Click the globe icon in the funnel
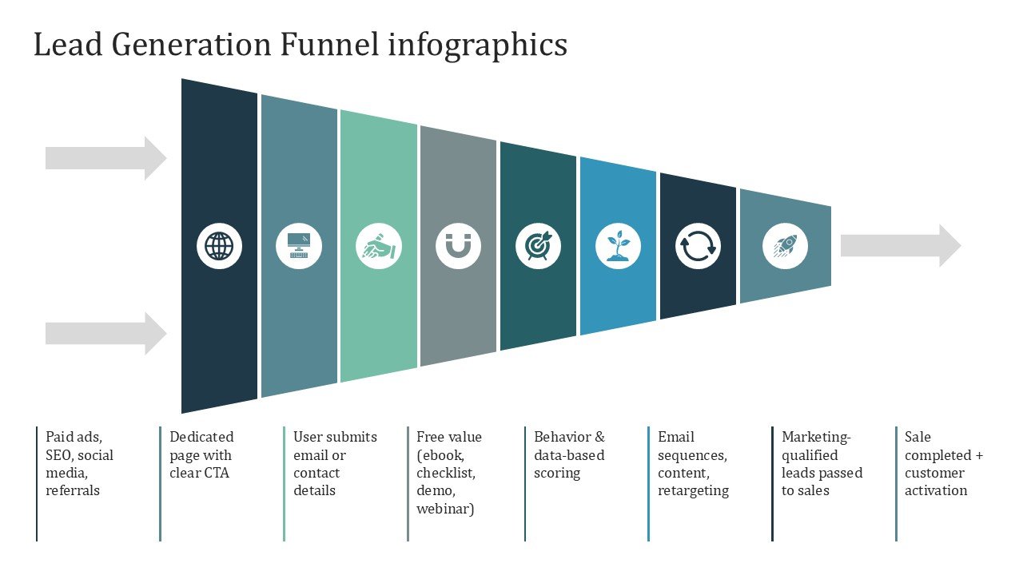pyautogui.click(x=219, y=246)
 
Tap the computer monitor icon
pyautogui.click(x=299, y=246)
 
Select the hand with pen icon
pyautogui.click(x=379, y=246)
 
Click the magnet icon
pyautogui.click(x=459, y=246)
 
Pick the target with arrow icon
pyautogui.click(x=538, y=246)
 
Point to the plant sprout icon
pyautogui.click(x=618, y=246)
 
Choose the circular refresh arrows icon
pyautogui.click(x=698, y=246)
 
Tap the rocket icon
pyautogui.click(x=785, y=246)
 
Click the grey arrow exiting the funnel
pyautogui.click(x=900, y=246)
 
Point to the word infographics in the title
pyautogui.click(x=477, y=45)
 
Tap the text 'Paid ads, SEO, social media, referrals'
pyautogui.click(x=79, y=464)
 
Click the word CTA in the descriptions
pyautogui.click(x=216, y=473)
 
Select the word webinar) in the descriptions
pyautogui.click(x=445, y=509)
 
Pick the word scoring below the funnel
pyautogui.click(x=557, y=473)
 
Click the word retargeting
pyautogui.click(x=693, y=490)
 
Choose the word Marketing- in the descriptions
pyautogui.click(x=816, y=437)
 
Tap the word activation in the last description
pyautogui.click(x=936, y=490)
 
